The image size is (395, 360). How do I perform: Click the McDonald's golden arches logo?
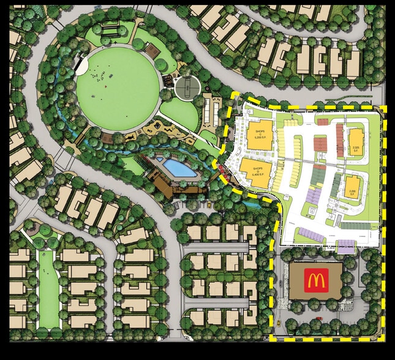[x=315, y=281]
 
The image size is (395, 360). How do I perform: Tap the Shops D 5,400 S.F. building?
[x=254, y=170]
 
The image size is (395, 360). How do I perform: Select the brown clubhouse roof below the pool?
[x=178, y=184]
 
